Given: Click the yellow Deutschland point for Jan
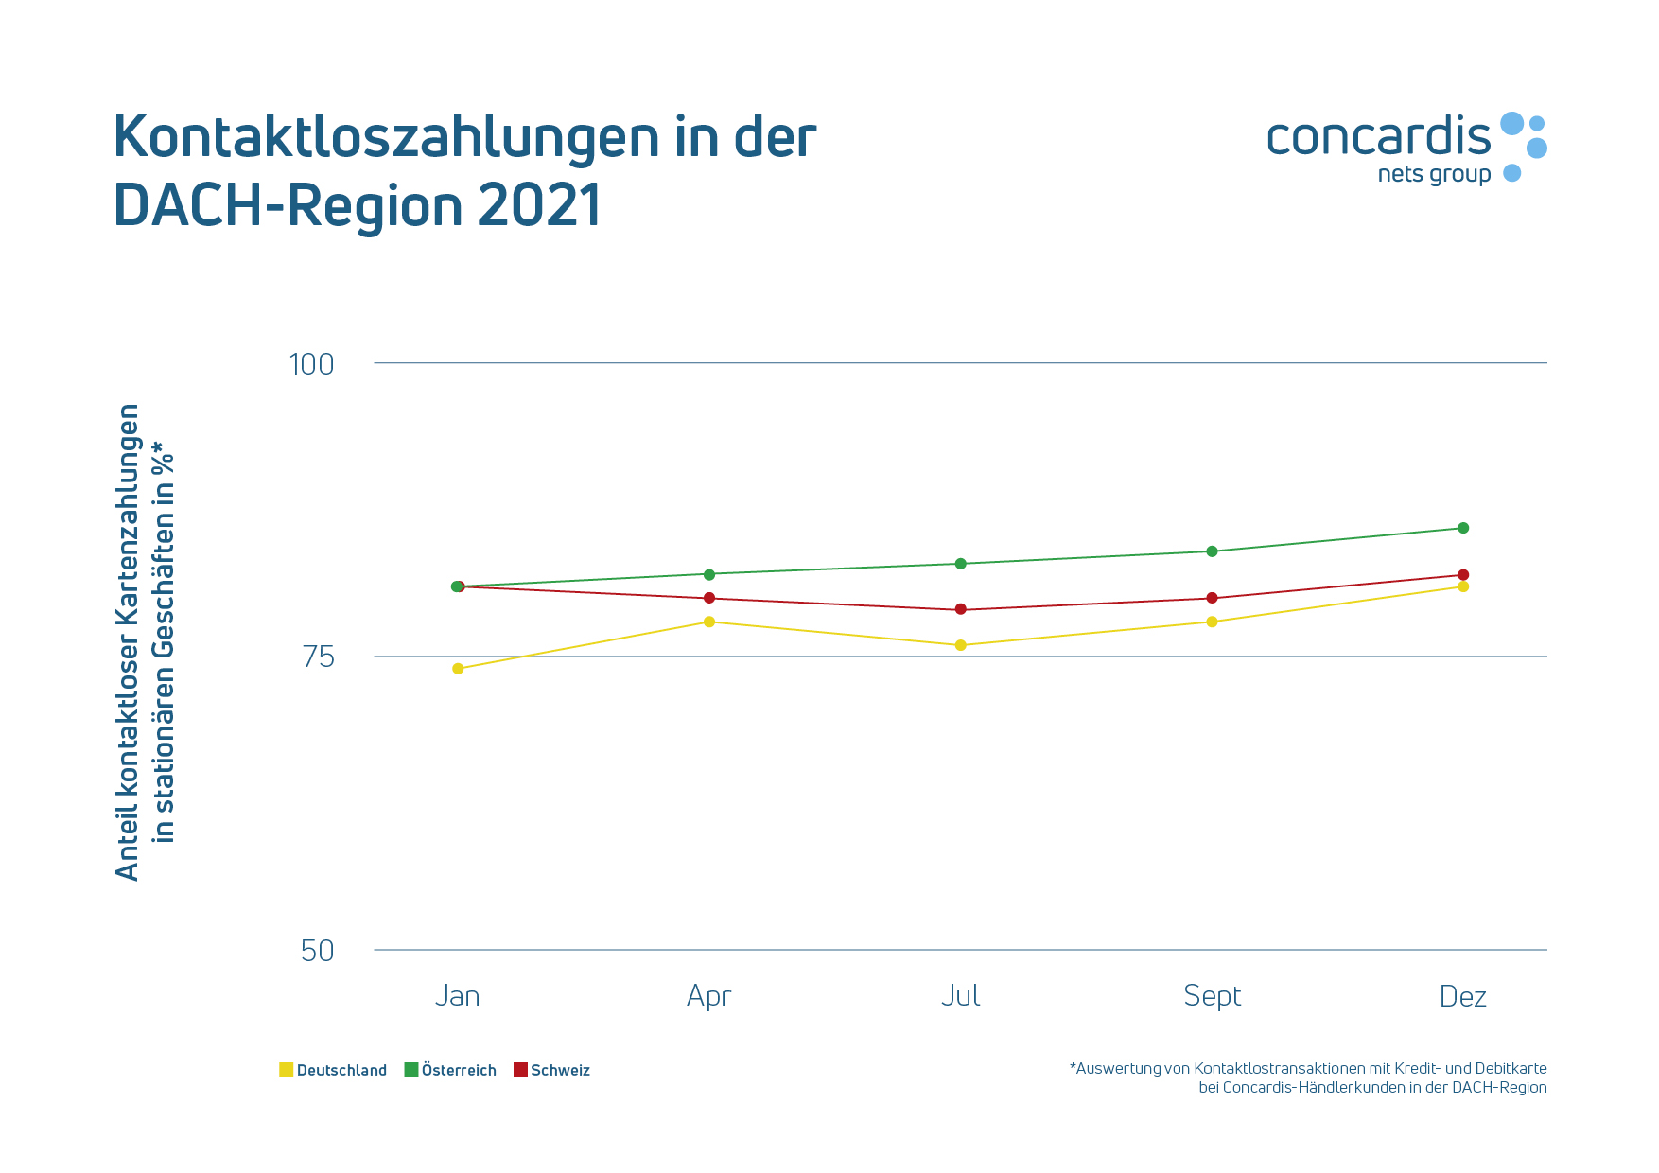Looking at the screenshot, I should [458, 669].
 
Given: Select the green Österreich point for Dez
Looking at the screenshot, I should [1463, 528].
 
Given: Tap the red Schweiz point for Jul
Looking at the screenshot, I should [961, 609].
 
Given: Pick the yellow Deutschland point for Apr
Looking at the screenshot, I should [709, 622].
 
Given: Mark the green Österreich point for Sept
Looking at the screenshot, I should [1212, 551].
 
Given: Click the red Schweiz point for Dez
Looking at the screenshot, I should [1463, 575].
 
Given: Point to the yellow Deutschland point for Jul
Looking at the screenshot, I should [961, 645].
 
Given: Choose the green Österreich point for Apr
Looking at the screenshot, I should [709, 574].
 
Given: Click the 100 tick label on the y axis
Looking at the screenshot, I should [311, 364].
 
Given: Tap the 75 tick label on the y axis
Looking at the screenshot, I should [319, 657].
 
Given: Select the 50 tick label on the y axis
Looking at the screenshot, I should [318, 951].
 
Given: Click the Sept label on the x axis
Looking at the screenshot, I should [1212, 996].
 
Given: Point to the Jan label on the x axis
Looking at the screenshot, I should [458, 996].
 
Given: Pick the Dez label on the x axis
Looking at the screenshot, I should [1463, 996].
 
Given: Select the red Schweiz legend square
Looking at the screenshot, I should [520, 1070].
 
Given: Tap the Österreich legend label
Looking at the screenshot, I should [459, 1070].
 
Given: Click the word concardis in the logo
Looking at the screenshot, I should [1378, 137].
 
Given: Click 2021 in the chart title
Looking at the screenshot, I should [539, 205].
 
